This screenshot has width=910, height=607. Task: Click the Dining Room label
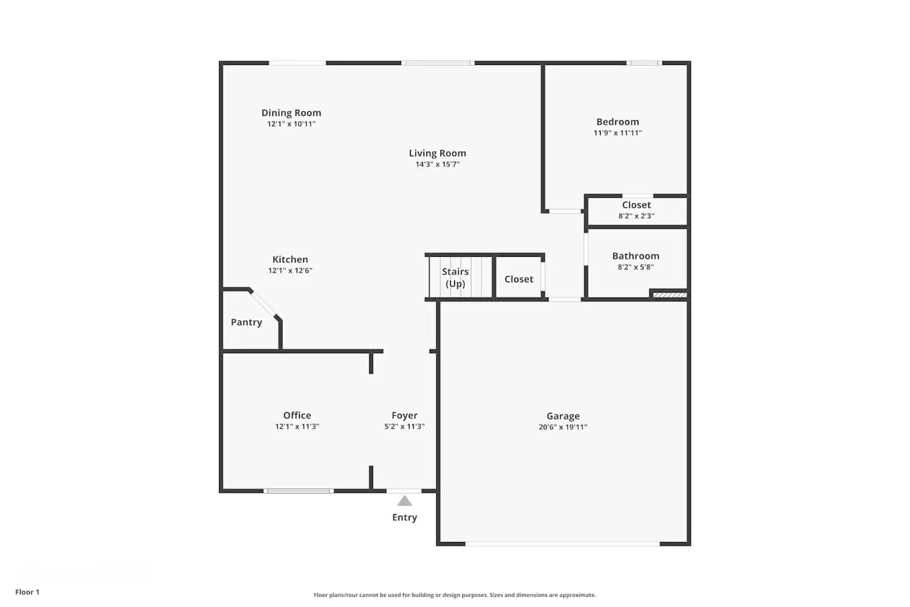[291, 113]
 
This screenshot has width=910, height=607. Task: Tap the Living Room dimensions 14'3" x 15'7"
[437, 164]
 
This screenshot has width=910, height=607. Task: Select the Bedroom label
[618, 122]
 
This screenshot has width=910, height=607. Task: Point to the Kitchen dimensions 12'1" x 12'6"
[290, 271]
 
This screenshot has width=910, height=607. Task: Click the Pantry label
[246, 322]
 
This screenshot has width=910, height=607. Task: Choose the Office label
[297, 415]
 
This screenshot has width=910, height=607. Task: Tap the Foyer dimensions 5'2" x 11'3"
[404, 427]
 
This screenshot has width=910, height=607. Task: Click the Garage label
[563, 416]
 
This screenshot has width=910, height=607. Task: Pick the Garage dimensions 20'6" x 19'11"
[563, 427]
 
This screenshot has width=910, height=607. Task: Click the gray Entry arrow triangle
[405, 501]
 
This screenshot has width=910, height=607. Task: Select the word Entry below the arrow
[405, 518]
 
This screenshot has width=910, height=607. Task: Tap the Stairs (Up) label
[456, 278]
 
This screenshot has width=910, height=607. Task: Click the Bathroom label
[636, 256]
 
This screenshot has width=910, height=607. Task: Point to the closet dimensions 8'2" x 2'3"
[636, 216]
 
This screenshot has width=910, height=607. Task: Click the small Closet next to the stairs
[519, 279]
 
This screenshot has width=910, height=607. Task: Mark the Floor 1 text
[27, 592]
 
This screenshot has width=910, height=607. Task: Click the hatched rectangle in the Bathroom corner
[670, 295]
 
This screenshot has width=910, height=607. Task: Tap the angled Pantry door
[265, 304]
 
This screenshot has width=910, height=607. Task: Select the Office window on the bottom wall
[298, 490]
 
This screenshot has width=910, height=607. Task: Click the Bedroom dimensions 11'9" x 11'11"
[618, 133]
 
